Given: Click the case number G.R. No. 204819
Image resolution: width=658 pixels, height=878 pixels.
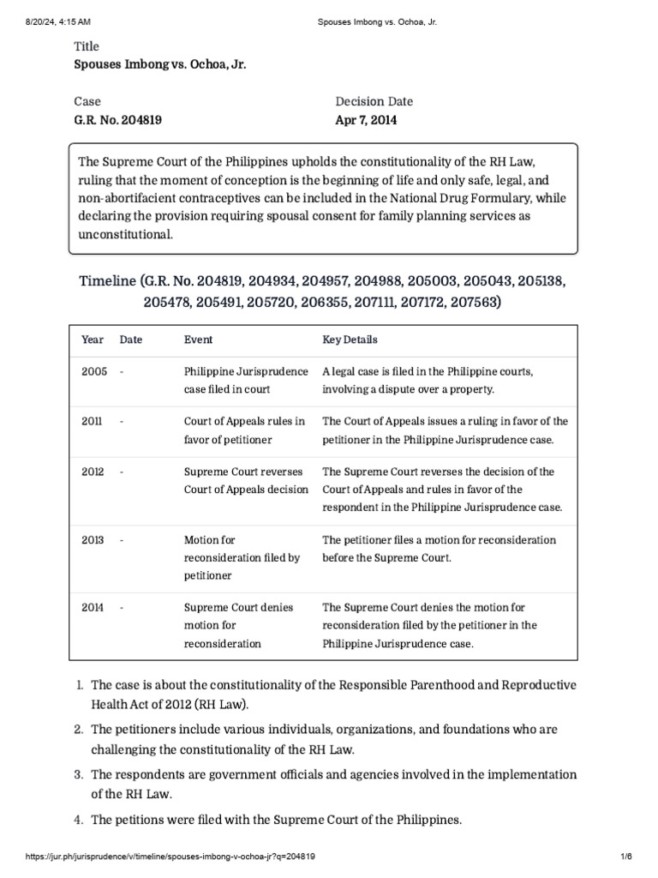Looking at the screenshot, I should [117, 121].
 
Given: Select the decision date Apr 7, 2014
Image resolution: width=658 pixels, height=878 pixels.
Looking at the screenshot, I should [366, 121].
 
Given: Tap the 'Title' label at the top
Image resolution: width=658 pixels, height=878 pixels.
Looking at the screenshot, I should [87, 46].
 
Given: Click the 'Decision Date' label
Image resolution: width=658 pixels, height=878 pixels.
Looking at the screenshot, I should [375, 101].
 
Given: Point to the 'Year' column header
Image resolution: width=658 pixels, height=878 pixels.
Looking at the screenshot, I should [93, 340].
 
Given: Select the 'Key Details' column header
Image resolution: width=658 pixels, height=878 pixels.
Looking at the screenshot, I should [350, 340].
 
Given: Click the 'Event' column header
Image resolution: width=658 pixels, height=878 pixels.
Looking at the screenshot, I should [199, 340].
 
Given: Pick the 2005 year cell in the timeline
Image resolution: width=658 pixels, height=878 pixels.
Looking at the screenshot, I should [94, 372].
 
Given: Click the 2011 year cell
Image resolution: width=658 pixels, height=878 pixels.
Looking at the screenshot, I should [93, 422].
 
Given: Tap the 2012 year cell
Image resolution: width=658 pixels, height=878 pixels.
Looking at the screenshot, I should [93, 472].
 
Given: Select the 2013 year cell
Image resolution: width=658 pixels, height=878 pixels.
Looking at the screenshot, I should [93, 540].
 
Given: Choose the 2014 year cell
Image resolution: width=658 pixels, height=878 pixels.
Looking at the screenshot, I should [93, 607].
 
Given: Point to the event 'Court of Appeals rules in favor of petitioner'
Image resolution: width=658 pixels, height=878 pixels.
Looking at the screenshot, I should [244, 430].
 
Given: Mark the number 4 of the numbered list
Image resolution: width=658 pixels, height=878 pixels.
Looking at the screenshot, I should [78, 820].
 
